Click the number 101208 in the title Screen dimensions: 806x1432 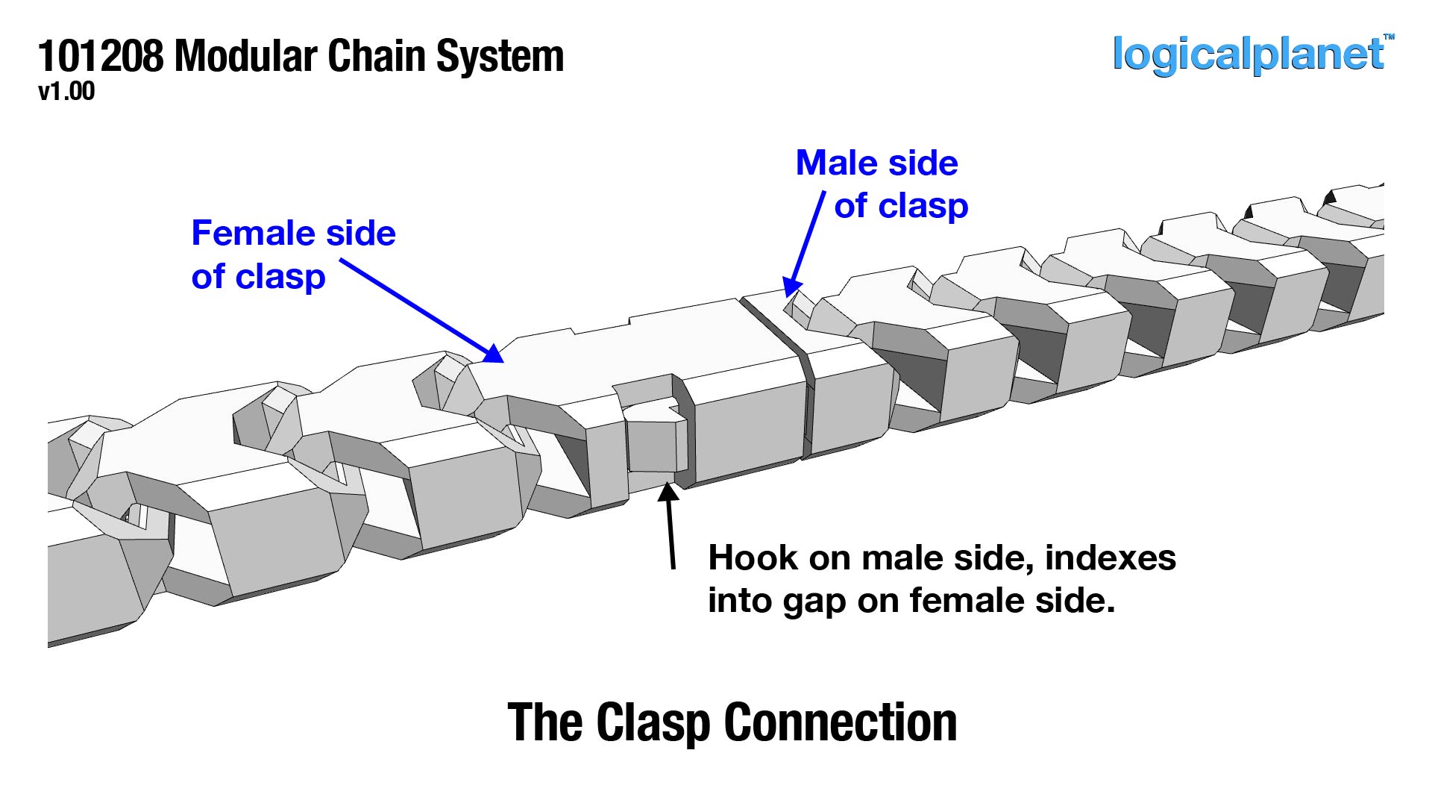tap(100, 57)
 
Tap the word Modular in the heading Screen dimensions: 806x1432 tap(246, 57)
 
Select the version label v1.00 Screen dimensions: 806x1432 tap(66, 92)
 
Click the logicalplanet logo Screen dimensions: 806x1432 tap(1247, 54)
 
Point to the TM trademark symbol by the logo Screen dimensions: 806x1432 tap(1389, 37)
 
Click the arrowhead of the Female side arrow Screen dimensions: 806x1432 tap(493, 354)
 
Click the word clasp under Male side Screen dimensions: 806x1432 tap(923, 207)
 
